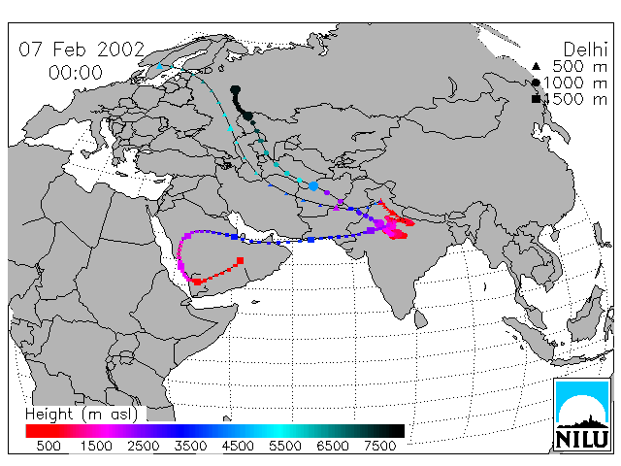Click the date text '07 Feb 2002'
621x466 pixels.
[82, 50]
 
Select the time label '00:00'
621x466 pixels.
[76, 73]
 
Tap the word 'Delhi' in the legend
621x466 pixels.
[585, 50]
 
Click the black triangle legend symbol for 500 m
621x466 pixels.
[536, 66]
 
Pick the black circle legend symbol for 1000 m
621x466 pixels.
[536, 83]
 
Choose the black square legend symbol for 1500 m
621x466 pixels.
[536, 99]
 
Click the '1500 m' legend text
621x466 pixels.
[576, 99]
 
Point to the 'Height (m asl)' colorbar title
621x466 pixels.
[82, 415]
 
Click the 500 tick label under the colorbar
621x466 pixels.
[49, 446]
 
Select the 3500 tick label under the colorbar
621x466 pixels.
[190, 446]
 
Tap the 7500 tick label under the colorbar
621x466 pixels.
[379, 446]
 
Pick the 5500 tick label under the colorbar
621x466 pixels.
[285, 446]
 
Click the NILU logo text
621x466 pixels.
[582, 439]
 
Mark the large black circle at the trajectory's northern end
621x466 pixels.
[235, 90]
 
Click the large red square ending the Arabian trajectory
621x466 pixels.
[240, 260]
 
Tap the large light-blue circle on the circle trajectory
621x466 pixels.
[313, 185]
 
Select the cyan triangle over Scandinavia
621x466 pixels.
[159, 66]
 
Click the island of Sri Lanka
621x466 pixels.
[421, 318]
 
